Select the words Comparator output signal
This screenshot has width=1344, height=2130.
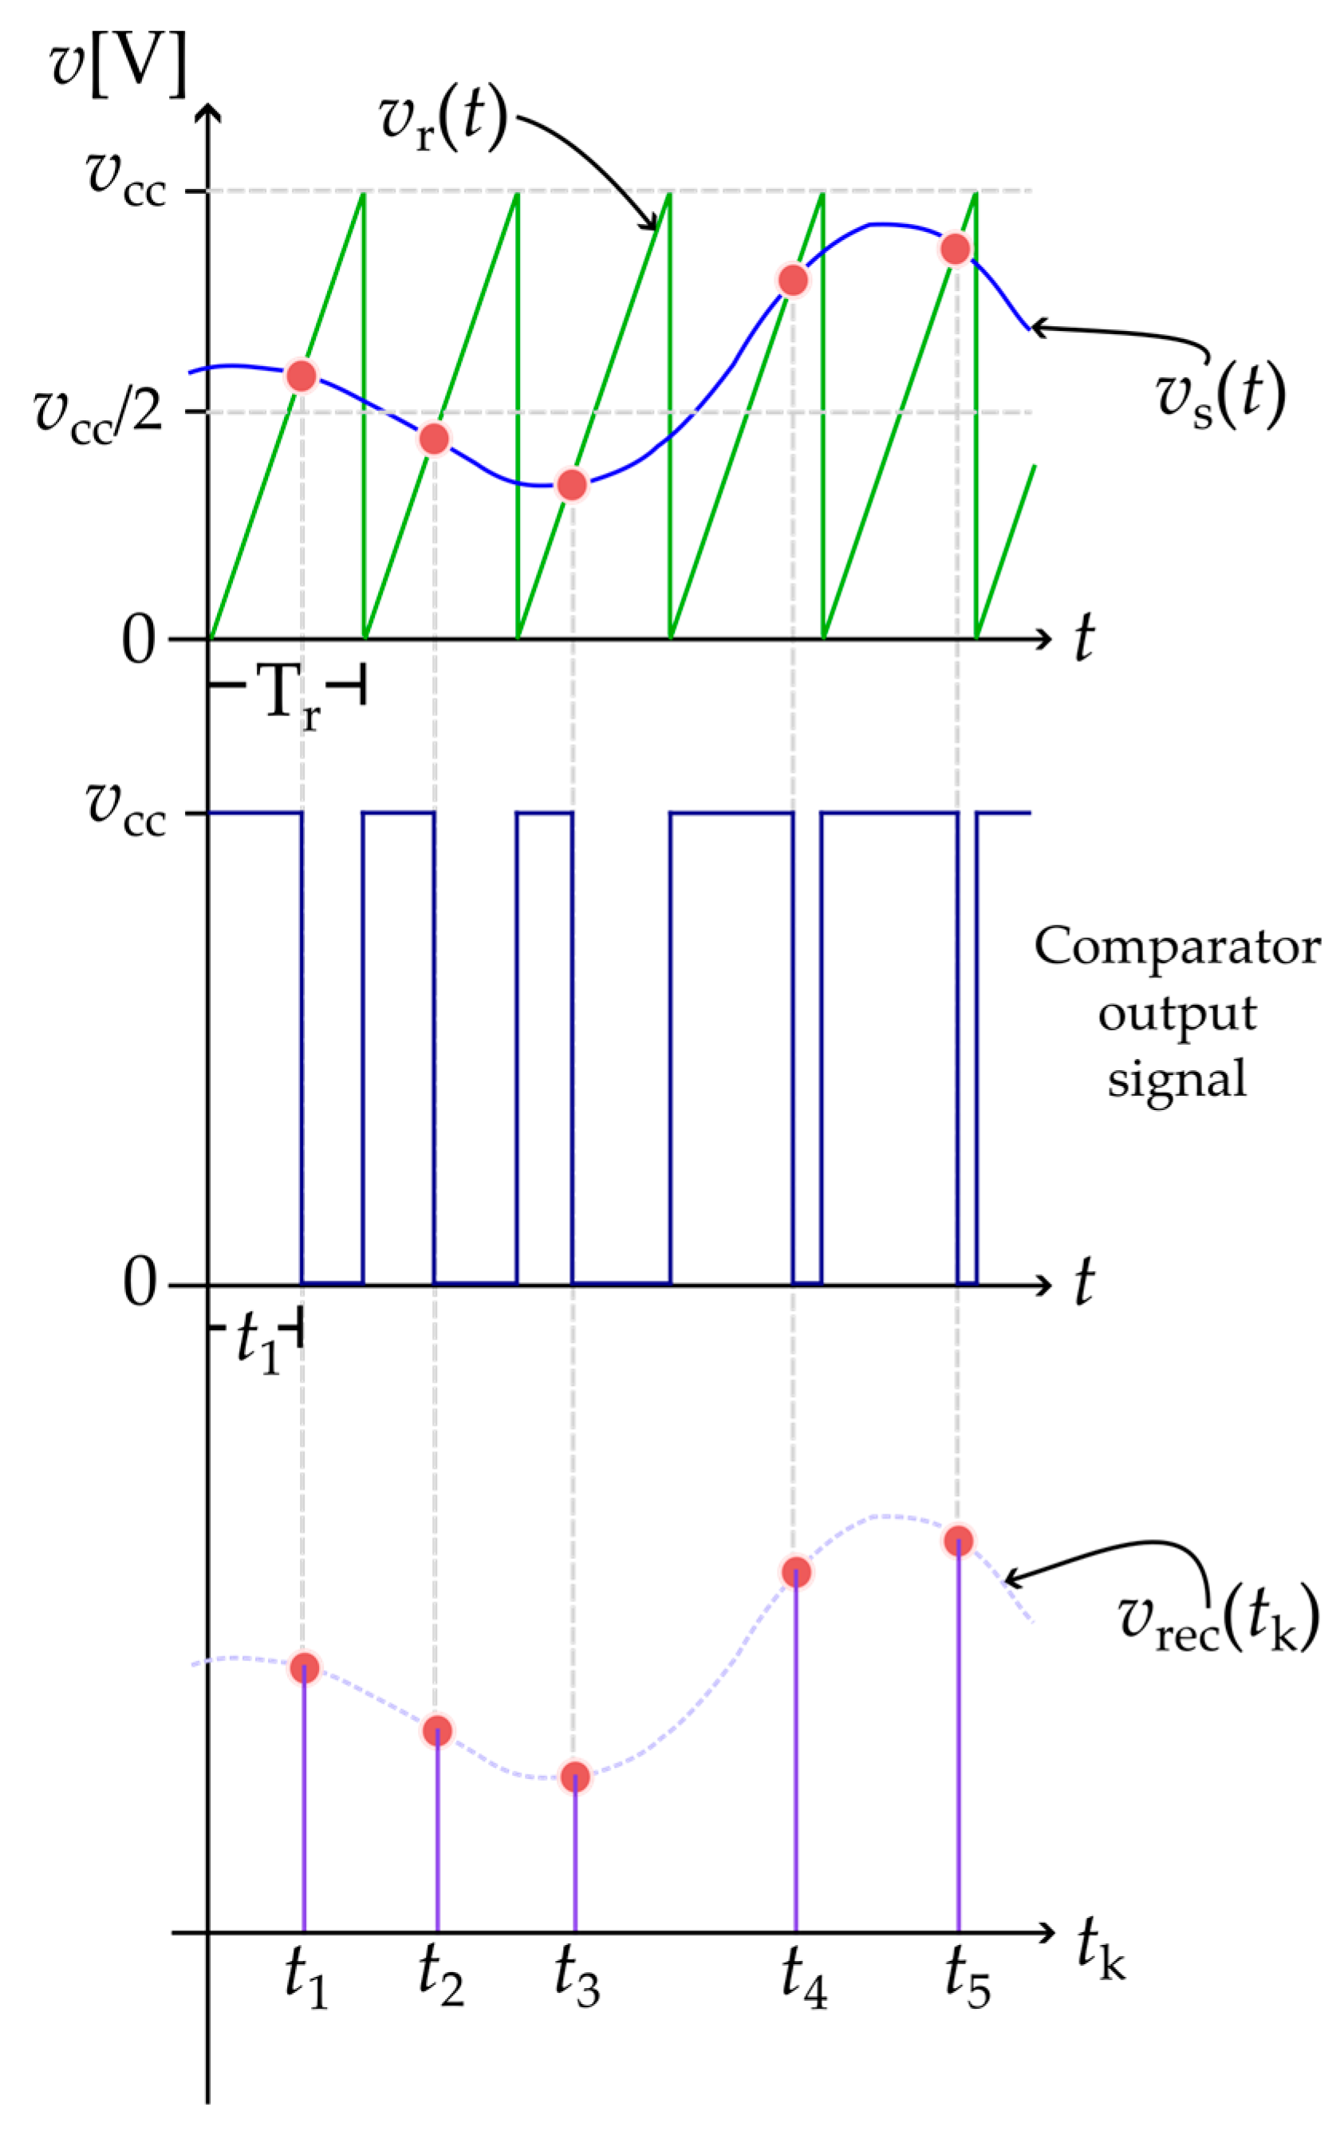pyautogui.click(x=1176, y=1013)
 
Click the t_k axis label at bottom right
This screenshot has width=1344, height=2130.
pyautogui.click(x=1100, y=1948)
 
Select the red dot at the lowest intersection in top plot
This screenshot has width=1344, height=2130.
pyautogui.click(x=573, y=485)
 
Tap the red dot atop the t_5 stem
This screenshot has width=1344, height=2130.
pyautogui.click(x=958, y=1541)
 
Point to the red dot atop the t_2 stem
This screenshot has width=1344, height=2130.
pyautogui.click(x=437, y=1731)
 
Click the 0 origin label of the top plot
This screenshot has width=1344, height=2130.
pyautogui.click(x=139, y=640)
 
